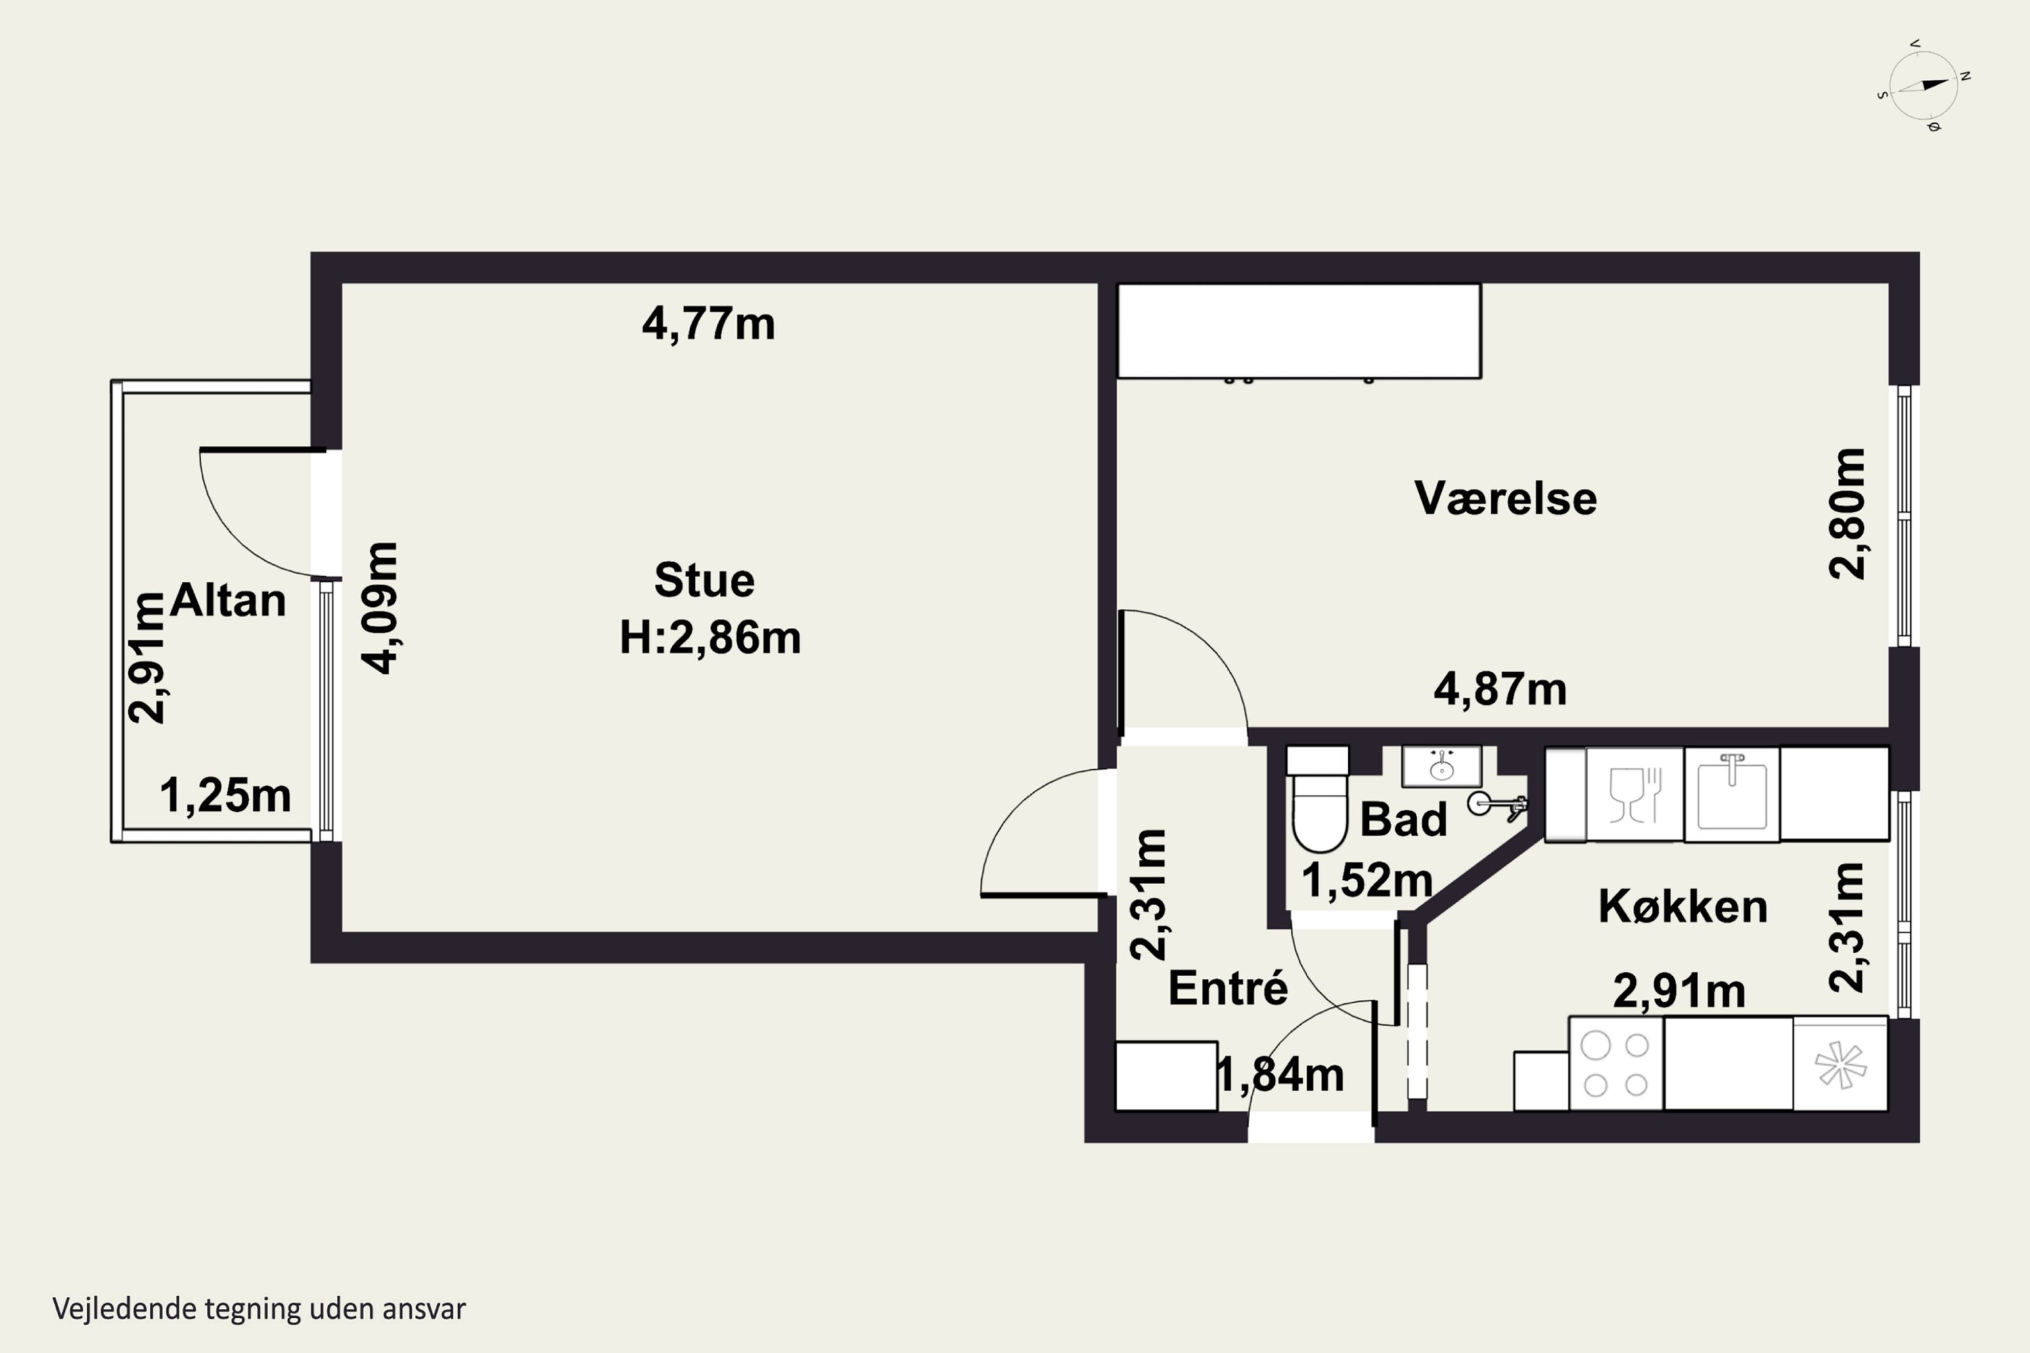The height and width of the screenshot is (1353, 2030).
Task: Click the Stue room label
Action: pos(704,580)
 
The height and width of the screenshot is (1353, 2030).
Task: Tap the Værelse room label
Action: pos(1505,498)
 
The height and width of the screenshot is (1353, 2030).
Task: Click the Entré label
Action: pos(1227,987)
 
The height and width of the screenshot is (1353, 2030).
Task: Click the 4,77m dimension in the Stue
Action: pos(708,325)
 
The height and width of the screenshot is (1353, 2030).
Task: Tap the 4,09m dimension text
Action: pos(380,607)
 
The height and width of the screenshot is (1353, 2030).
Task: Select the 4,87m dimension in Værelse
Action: pos(1500,689)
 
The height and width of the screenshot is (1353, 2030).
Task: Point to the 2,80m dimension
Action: pos(1847,513)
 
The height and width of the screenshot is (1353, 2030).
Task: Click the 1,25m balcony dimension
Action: pos(225,796)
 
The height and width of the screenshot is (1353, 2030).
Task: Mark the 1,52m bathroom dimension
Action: pos(1367,881)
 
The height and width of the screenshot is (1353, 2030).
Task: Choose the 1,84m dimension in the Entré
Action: pos(1280,1075)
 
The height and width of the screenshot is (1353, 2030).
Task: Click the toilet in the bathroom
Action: pos(1319,798)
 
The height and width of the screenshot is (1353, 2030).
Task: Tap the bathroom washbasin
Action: pos(1441,766)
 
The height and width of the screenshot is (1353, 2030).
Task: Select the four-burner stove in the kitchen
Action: pos(1616,1064)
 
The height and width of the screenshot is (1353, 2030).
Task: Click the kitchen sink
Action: pos(1732,794)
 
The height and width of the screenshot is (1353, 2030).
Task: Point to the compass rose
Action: pos(1924,85)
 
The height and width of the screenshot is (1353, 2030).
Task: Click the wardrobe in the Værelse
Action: pos(1300,331)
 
